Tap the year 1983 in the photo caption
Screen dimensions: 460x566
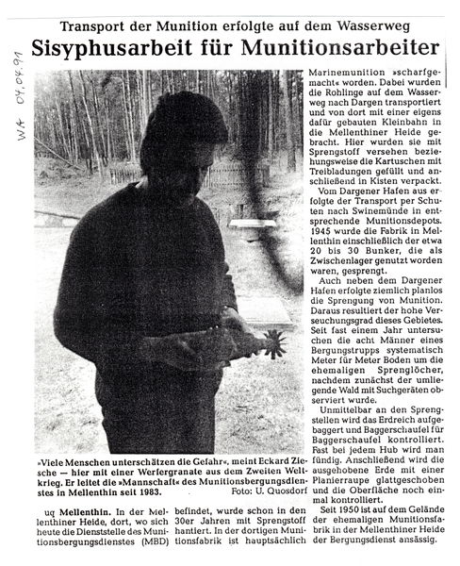170,491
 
